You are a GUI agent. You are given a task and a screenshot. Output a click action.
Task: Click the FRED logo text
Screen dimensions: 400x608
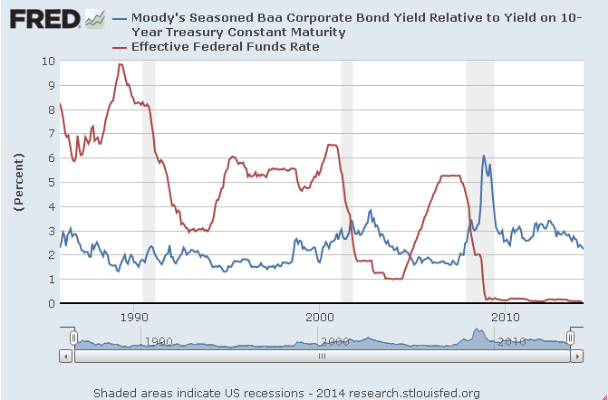pyautogui.click(x=41, y=18)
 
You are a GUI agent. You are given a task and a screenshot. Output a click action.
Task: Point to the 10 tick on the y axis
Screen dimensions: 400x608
pyautogui.click(x=48, y=61)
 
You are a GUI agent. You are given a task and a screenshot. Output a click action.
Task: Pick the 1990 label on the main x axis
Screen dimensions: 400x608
pyautogui.click(x=134, y=318)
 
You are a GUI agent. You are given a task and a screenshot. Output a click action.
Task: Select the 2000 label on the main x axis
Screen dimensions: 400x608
pyautogui.click(x=320, y=318)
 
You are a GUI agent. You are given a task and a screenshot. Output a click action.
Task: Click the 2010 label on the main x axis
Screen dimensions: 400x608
pyautogui.click(x=505, y=318)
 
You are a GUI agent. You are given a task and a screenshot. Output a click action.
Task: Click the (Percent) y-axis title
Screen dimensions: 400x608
pyautogui.click(x=17, y=182)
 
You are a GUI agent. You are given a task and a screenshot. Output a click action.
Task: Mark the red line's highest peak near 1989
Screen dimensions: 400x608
pyautogui.click(x=120, y=64)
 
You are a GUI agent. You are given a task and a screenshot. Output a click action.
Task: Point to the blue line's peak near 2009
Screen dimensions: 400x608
pyautogui.click(x=484, y=156)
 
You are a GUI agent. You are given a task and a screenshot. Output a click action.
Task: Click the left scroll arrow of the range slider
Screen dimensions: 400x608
pyautogui.click(x=64, y=356)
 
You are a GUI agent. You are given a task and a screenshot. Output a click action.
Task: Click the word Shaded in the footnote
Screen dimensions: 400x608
pyautogui.click(x=115, y=392)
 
